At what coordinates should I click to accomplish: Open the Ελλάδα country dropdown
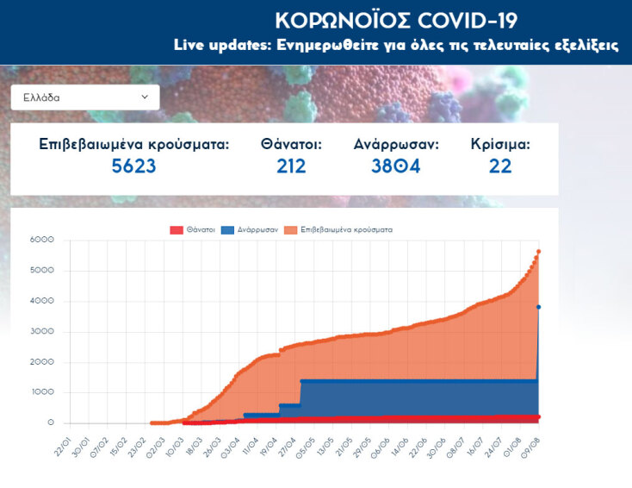(x=84, y=97)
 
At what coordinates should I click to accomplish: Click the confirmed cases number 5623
(x=133, y=166)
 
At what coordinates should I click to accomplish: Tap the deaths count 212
(x=291, y=166)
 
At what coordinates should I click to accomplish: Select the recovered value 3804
(x=395, y=166)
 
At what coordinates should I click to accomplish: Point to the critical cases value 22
(x=500, y=166)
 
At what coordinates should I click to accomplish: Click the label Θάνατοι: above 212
(x=291, y=144)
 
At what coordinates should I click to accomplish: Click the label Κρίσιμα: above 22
(x=500, y=144)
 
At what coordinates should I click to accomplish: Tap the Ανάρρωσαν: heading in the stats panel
(x=396, y=144)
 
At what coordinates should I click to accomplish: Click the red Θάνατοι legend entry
(x=192, y=230)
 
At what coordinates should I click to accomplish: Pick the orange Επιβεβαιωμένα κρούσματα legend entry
(x=340, y=230)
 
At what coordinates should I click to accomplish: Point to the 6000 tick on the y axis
(x=41, y=240)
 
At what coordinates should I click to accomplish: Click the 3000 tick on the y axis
(x=41, y=332)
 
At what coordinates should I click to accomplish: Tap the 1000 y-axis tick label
(x=41, y=392)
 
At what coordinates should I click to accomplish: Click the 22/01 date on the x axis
(x=60, y=447)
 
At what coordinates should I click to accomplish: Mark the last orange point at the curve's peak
(x=539, y=251)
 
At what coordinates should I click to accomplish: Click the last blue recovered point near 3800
(x=539, y=307)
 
